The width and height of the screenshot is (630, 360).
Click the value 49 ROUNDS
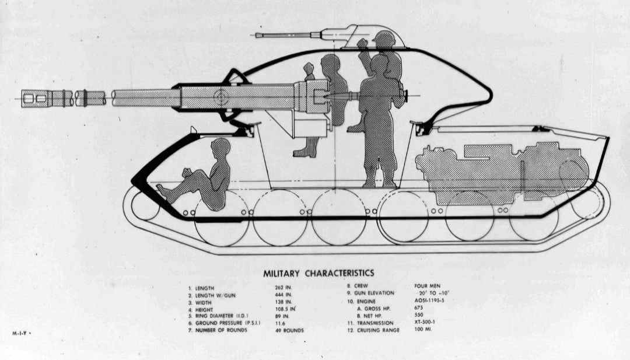tap(290, 330)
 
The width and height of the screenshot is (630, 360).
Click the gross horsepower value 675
tap(420, 308)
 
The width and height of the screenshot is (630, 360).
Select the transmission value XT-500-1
tap(428, 323)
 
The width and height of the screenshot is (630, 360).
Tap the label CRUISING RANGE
tap(380, 330)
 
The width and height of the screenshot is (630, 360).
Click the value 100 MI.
tap(423, 330)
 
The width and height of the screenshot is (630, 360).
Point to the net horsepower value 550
tap(420, 316)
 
